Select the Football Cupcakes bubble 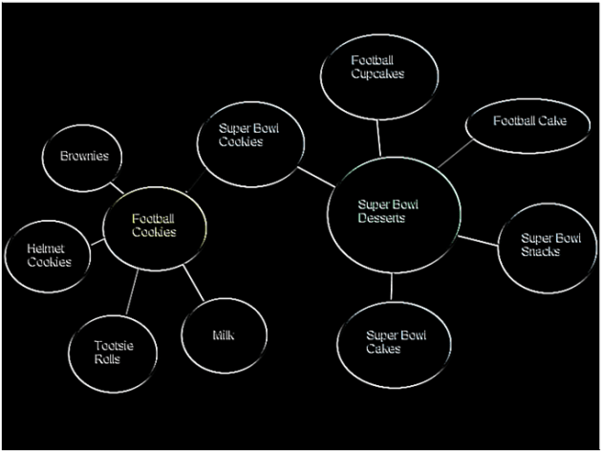(x=377, y=72)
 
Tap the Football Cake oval (x=527, y=123)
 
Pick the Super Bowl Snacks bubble (x=548, y=247)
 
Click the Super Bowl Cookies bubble (x=251, y=142)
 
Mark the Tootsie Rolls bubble (x=114, y=352)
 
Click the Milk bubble (x=224, y=336)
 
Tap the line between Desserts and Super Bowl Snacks (x=479, y=239)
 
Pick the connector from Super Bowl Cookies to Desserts (x=314, y=177)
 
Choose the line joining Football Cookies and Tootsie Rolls (x=132, y=292)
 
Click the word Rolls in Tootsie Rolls (x=107, y=358)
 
